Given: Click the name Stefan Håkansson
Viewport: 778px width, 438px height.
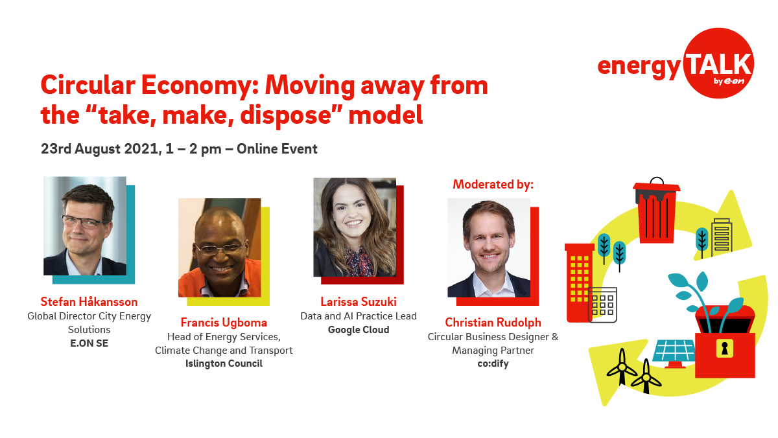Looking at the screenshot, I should coord(89,302).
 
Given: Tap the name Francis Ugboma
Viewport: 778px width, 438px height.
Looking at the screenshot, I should coord(224,322).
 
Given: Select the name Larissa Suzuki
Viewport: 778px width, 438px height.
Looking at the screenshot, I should coord(358,302).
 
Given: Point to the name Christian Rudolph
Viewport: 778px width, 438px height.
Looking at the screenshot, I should coord(493,323).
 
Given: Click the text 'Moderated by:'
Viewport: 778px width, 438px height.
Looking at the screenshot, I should coord(493,185).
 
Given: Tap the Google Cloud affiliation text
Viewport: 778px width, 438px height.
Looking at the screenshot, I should coord(358,330).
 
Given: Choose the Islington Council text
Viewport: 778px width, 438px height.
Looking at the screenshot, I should coord(224,363).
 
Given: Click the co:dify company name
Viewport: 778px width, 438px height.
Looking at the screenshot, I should coord(493,363).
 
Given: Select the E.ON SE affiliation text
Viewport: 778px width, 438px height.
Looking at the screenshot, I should coord(89,343).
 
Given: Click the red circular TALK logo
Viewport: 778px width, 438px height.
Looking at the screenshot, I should coord(718,63).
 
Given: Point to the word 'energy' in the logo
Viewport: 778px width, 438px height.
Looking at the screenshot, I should coord(639,66).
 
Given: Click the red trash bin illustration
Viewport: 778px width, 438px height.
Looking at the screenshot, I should coord(656,211).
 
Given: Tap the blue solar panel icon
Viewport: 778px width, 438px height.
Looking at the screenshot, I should coord(674,351).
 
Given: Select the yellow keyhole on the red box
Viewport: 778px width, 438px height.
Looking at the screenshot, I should coord(724,349).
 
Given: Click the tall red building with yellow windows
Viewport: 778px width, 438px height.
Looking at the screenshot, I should coord(579,282).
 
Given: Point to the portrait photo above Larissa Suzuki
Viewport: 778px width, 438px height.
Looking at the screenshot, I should coord(355,227).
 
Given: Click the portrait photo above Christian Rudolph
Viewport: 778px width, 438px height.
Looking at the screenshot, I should coord(489,248).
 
